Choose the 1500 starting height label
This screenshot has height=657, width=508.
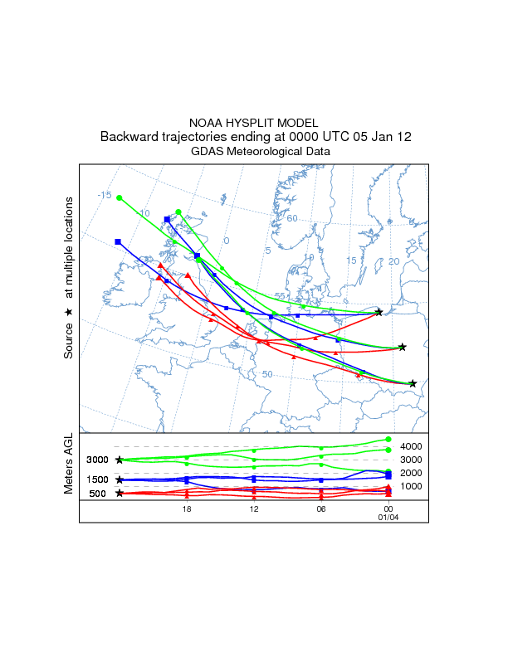coord(98,479)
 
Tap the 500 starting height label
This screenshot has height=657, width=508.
coord(98,494)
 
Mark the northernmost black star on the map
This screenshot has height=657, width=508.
coord(379,312)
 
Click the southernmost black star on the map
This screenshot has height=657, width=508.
coord(413,383)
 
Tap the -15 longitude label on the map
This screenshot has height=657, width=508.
coord(104,195)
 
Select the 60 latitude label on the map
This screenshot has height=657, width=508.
coord(292,218)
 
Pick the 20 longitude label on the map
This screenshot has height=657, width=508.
coord(393,261)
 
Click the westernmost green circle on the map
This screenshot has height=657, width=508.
coord(120,197)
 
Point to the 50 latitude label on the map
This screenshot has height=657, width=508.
coord(267,374)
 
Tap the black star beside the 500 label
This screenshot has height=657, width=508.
coord(120,493)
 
